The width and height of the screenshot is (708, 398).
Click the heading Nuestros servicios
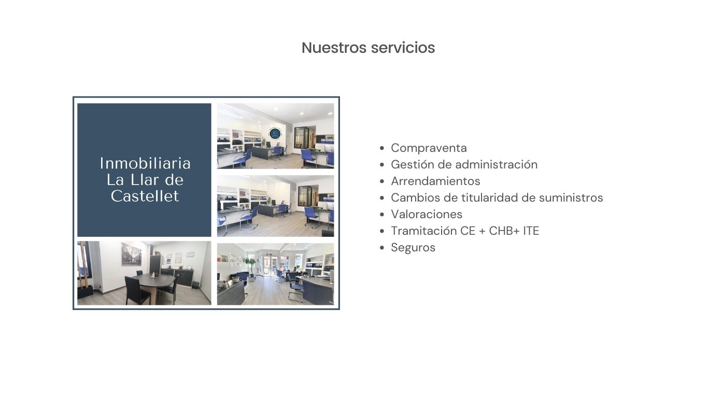tap(368, 48)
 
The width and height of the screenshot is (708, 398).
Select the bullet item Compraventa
tap(429, 148)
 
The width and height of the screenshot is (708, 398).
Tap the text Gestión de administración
tap(464, 165)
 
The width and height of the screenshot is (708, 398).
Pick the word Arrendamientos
tap(435, 181)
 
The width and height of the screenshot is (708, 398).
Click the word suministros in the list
tap(571, 197)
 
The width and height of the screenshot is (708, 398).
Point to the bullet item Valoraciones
tap(427, 215)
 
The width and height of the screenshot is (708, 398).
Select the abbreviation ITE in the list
tap(531, 231)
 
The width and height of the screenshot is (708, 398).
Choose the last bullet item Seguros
tap(413, 248)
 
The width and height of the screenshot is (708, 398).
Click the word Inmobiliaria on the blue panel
tap(145, 163)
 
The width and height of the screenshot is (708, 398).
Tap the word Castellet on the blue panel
tap(145, 196)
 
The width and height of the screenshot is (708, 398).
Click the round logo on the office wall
tap(275, 133)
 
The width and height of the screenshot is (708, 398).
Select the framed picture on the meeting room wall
tap(132, 253)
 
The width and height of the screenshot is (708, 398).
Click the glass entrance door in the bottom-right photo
tap(270, 265)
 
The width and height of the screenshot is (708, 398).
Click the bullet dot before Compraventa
tap(382, 148)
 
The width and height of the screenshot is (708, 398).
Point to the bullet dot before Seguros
tap(382, 248)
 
